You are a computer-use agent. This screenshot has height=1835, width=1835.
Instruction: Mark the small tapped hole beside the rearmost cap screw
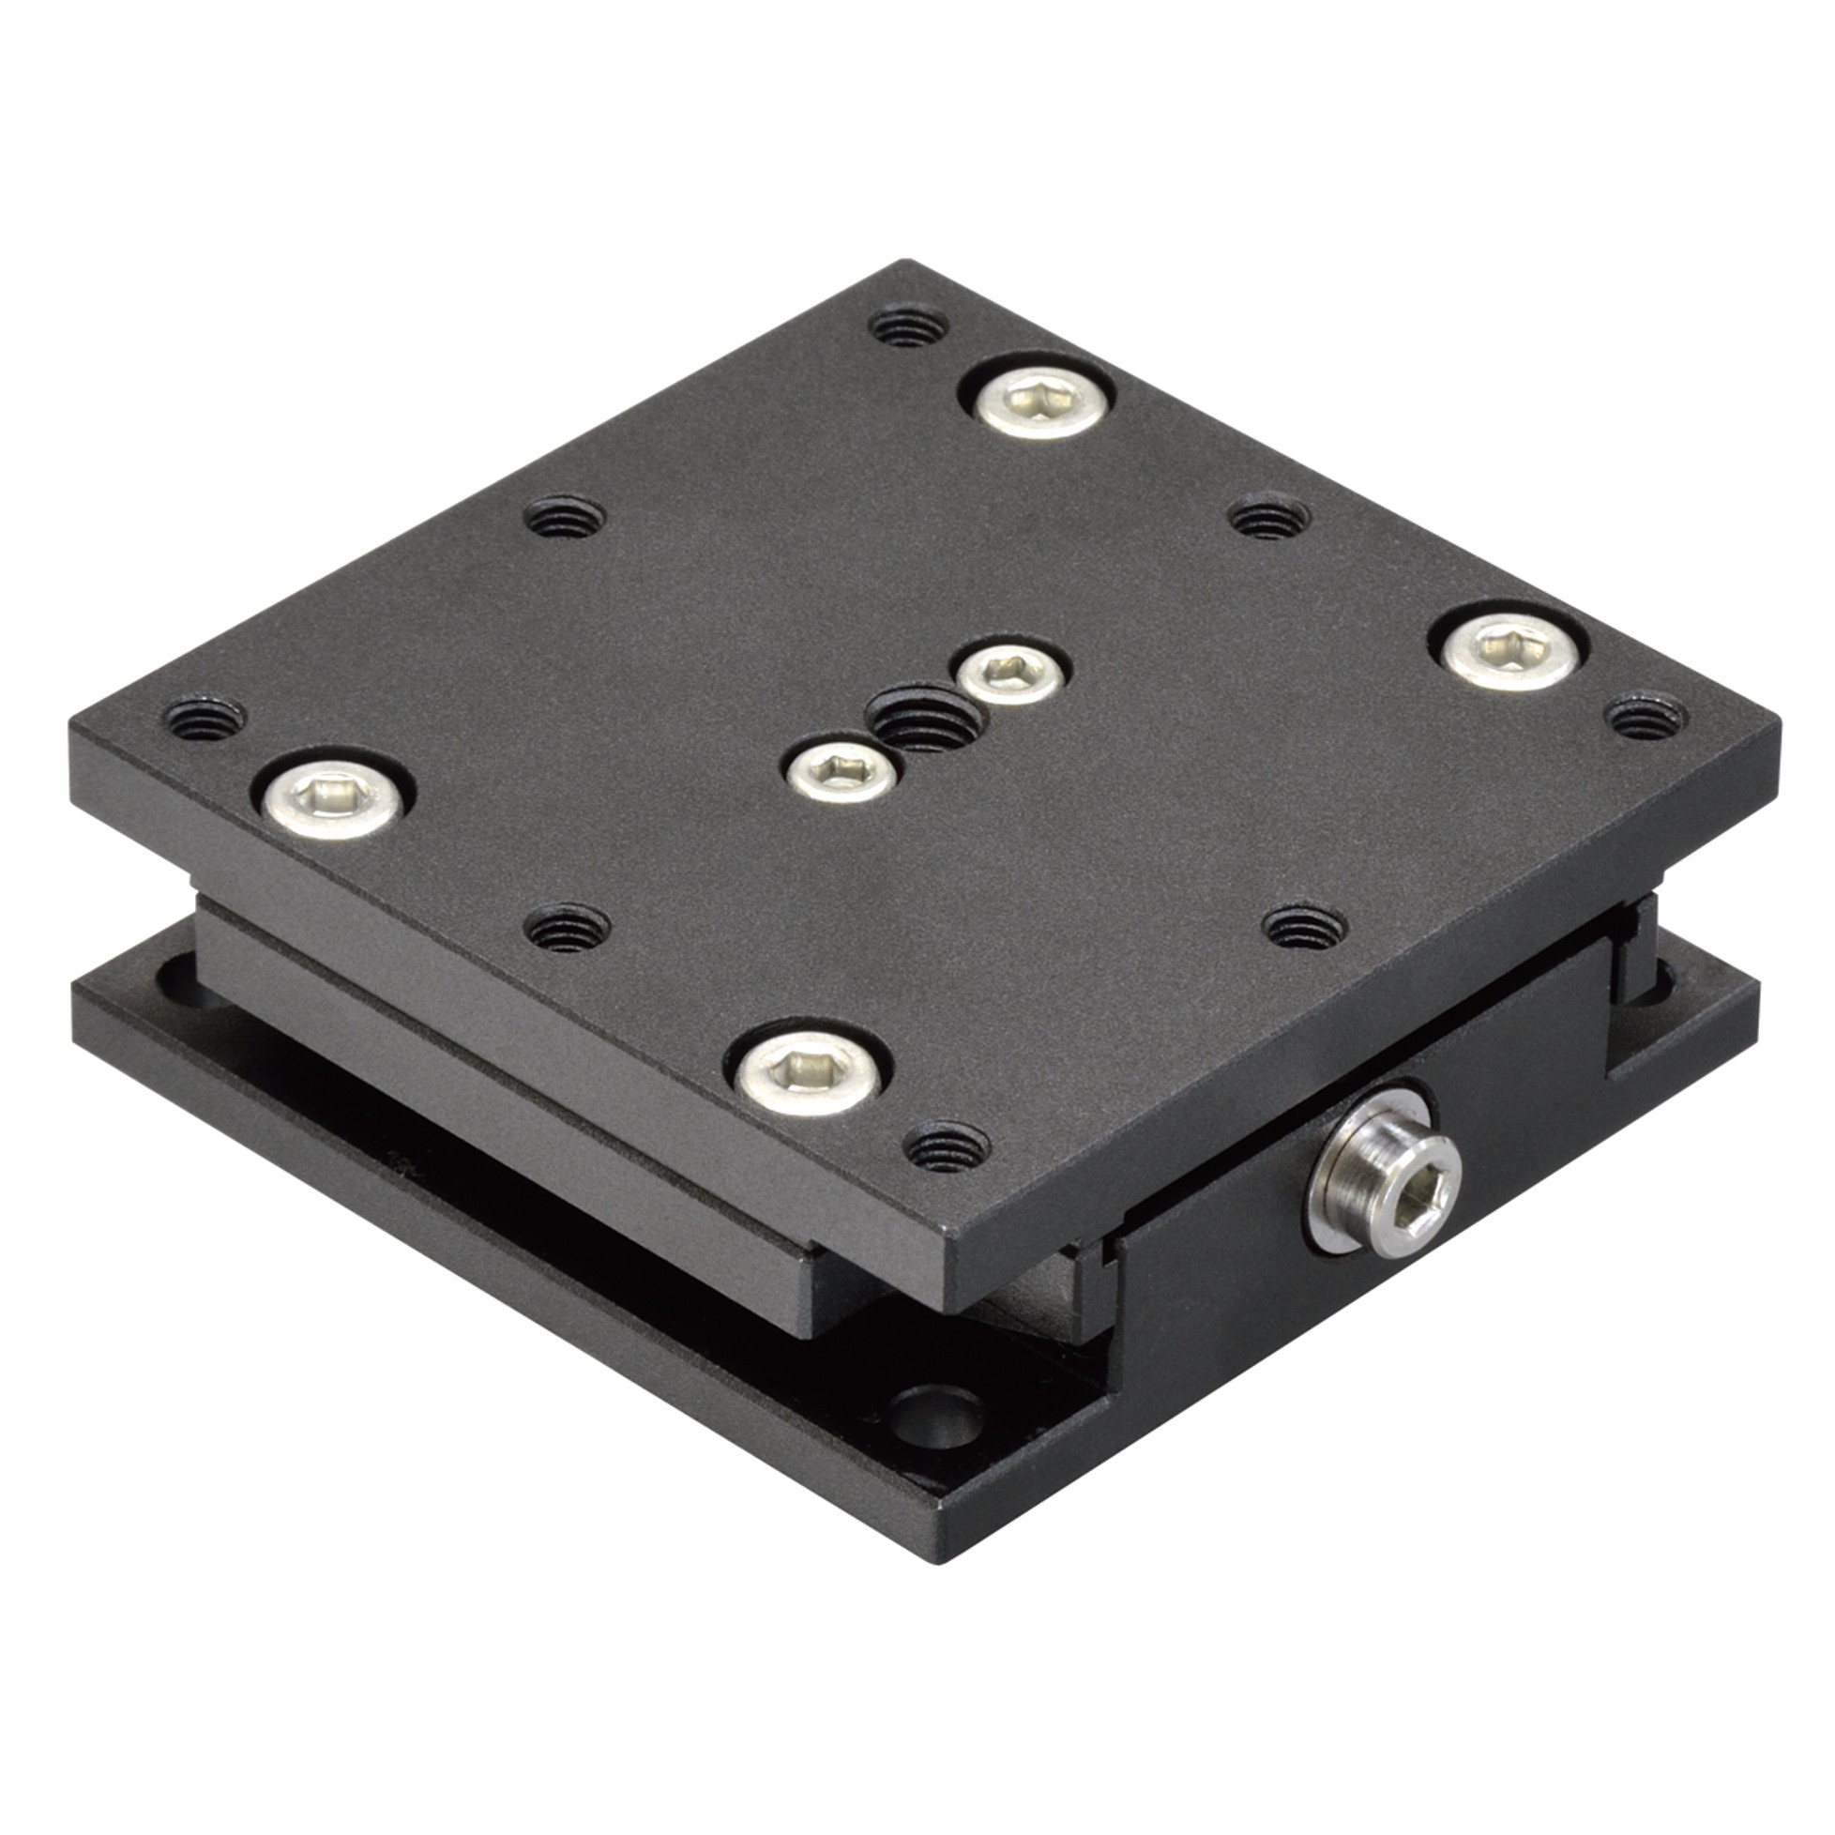(909, 328)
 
